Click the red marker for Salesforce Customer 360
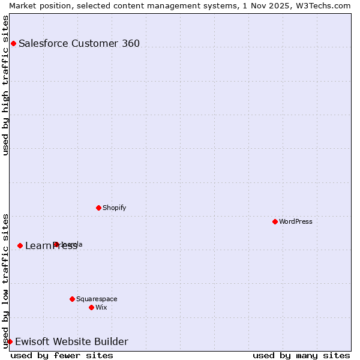coord(13,43)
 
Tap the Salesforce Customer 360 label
coord(79,43)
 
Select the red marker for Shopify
coord(98,208)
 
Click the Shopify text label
coord(114,208)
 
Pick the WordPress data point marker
coord(275,221)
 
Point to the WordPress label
coord(296,221)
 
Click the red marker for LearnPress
coord(20,245)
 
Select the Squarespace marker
coord(72,299)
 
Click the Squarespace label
coord(97,299)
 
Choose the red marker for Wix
coord(91,307)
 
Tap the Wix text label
coord(101,307)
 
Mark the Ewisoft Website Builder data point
coord(10,341)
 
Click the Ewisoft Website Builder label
coord(71,341)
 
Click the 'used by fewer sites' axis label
coord(62,355)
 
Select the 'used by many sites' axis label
coord(301,355)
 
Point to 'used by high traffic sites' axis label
coord(5,85)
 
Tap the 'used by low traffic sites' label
coord(5,280)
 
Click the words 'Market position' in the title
coord(37,5)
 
